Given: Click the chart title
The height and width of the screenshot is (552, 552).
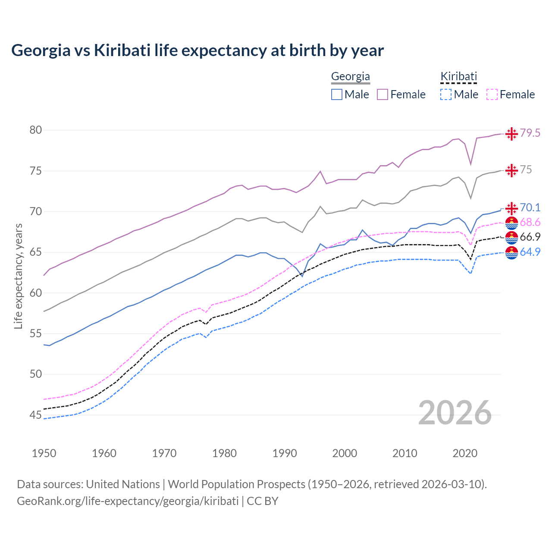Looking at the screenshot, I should coord(198,50).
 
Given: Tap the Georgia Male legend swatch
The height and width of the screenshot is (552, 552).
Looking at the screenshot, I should coord(337,94).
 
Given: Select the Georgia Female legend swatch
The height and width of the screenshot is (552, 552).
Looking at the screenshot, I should coord(383,94).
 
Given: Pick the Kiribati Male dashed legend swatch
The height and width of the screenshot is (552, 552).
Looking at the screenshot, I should coord(446,94).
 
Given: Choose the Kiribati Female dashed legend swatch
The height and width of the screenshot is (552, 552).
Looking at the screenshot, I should coord(492,94).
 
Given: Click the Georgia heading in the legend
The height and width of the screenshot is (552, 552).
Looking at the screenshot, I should coord(350,77).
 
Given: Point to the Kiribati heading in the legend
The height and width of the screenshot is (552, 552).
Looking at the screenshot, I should coord(458,77).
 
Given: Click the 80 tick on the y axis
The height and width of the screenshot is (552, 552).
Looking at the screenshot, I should coord(36,130).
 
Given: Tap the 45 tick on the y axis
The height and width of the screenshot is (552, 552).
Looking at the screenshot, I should coord(36,415).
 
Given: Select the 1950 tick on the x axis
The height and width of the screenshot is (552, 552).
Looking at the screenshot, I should coord(44,453).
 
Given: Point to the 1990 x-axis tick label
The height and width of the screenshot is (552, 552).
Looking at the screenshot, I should coord(285,453).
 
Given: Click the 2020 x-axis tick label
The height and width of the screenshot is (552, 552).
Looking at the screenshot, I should coord(465,453).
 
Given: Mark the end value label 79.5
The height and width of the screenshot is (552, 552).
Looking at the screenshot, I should coord(530,133).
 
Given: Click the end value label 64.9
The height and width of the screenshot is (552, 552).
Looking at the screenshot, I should coord(530,252).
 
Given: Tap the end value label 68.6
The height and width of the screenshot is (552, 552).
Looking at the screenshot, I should coord(530,222).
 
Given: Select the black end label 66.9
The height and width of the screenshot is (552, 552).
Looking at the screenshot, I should coord(530,237).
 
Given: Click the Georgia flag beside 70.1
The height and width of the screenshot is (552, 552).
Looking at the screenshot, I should coord(511,208).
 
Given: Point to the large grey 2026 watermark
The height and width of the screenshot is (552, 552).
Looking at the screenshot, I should coord(455,413).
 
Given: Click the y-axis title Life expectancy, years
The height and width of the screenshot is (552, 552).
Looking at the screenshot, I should coord(18,276).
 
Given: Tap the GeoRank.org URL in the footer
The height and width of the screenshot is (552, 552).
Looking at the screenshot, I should coord(128,501).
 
